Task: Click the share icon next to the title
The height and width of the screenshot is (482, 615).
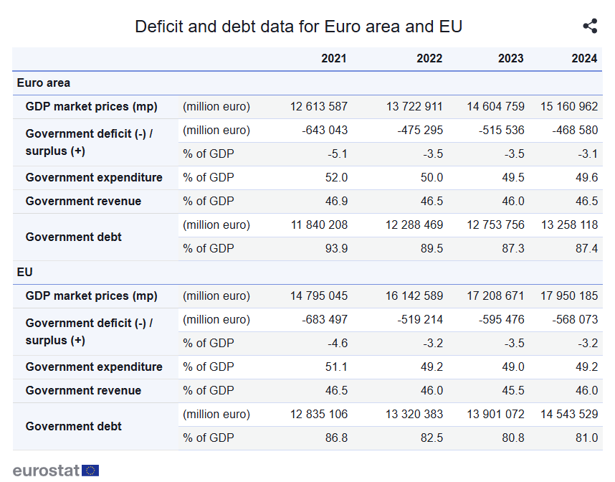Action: point(590,27)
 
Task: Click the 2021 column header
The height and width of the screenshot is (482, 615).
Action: point(334,59)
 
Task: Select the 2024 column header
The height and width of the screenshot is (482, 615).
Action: point(584,59)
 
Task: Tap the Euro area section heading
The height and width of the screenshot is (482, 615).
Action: point(44,83)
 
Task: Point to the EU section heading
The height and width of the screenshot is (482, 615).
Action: point(25,273)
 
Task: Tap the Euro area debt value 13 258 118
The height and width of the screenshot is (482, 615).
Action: point(569,225)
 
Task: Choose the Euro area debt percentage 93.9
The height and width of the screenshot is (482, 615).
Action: point(337,249)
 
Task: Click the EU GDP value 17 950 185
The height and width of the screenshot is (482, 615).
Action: point(569,296)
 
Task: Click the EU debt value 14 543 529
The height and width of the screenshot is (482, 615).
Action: point(569,415)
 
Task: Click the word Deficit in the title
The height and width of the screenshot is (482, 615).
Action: point(160,27)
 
